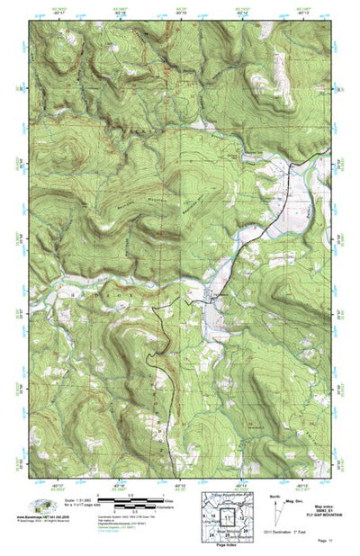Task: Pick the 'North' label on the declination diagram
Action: coord(274,495)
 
